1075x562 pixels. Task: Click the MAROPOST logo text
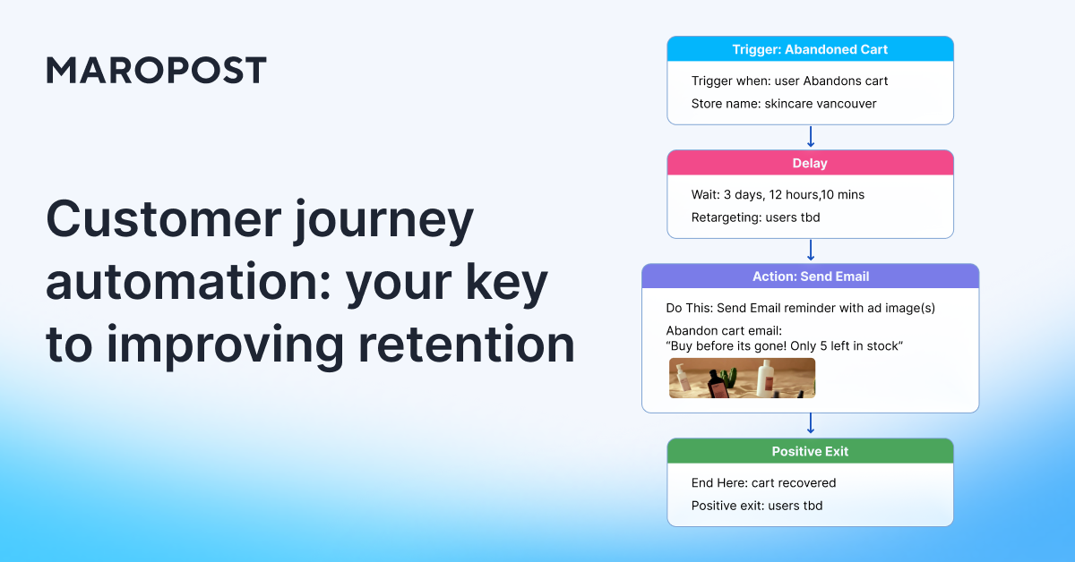coord(156,70)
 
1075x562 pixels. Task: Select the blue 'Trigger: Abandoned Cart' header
coord(810,49)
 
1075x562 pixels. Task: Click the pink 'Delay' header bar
coord(810,163)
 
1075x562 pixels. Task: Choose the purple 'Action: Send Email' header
coord(810,277)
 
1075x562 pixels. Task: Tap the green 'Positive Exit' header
coord(810,451)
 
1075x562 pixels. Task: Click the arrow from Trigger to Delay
coord(810,137)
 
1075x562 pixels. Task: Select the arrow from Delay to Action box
coord(810,251)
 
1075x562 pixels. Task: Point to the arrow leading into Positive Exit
coord(810,424)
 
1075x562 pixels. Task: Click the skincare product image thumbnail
coord(742,378)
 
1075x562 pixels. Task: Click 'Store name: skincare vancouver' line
coord(783,104)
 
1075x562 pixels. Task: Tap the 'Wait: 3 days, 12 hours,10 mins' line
coord(778,194)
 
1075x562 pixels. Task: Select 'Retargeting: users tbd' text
coord(755,217)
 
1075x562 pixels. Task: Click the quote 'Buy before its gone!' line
coord(784,345)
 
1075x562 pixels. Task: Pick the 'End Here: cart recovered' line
coord(763,482)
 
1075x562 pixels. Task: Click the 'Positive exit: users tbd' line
coord(756,506)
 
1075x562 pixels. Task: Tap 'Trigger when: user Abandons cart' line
coord(789,81)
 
